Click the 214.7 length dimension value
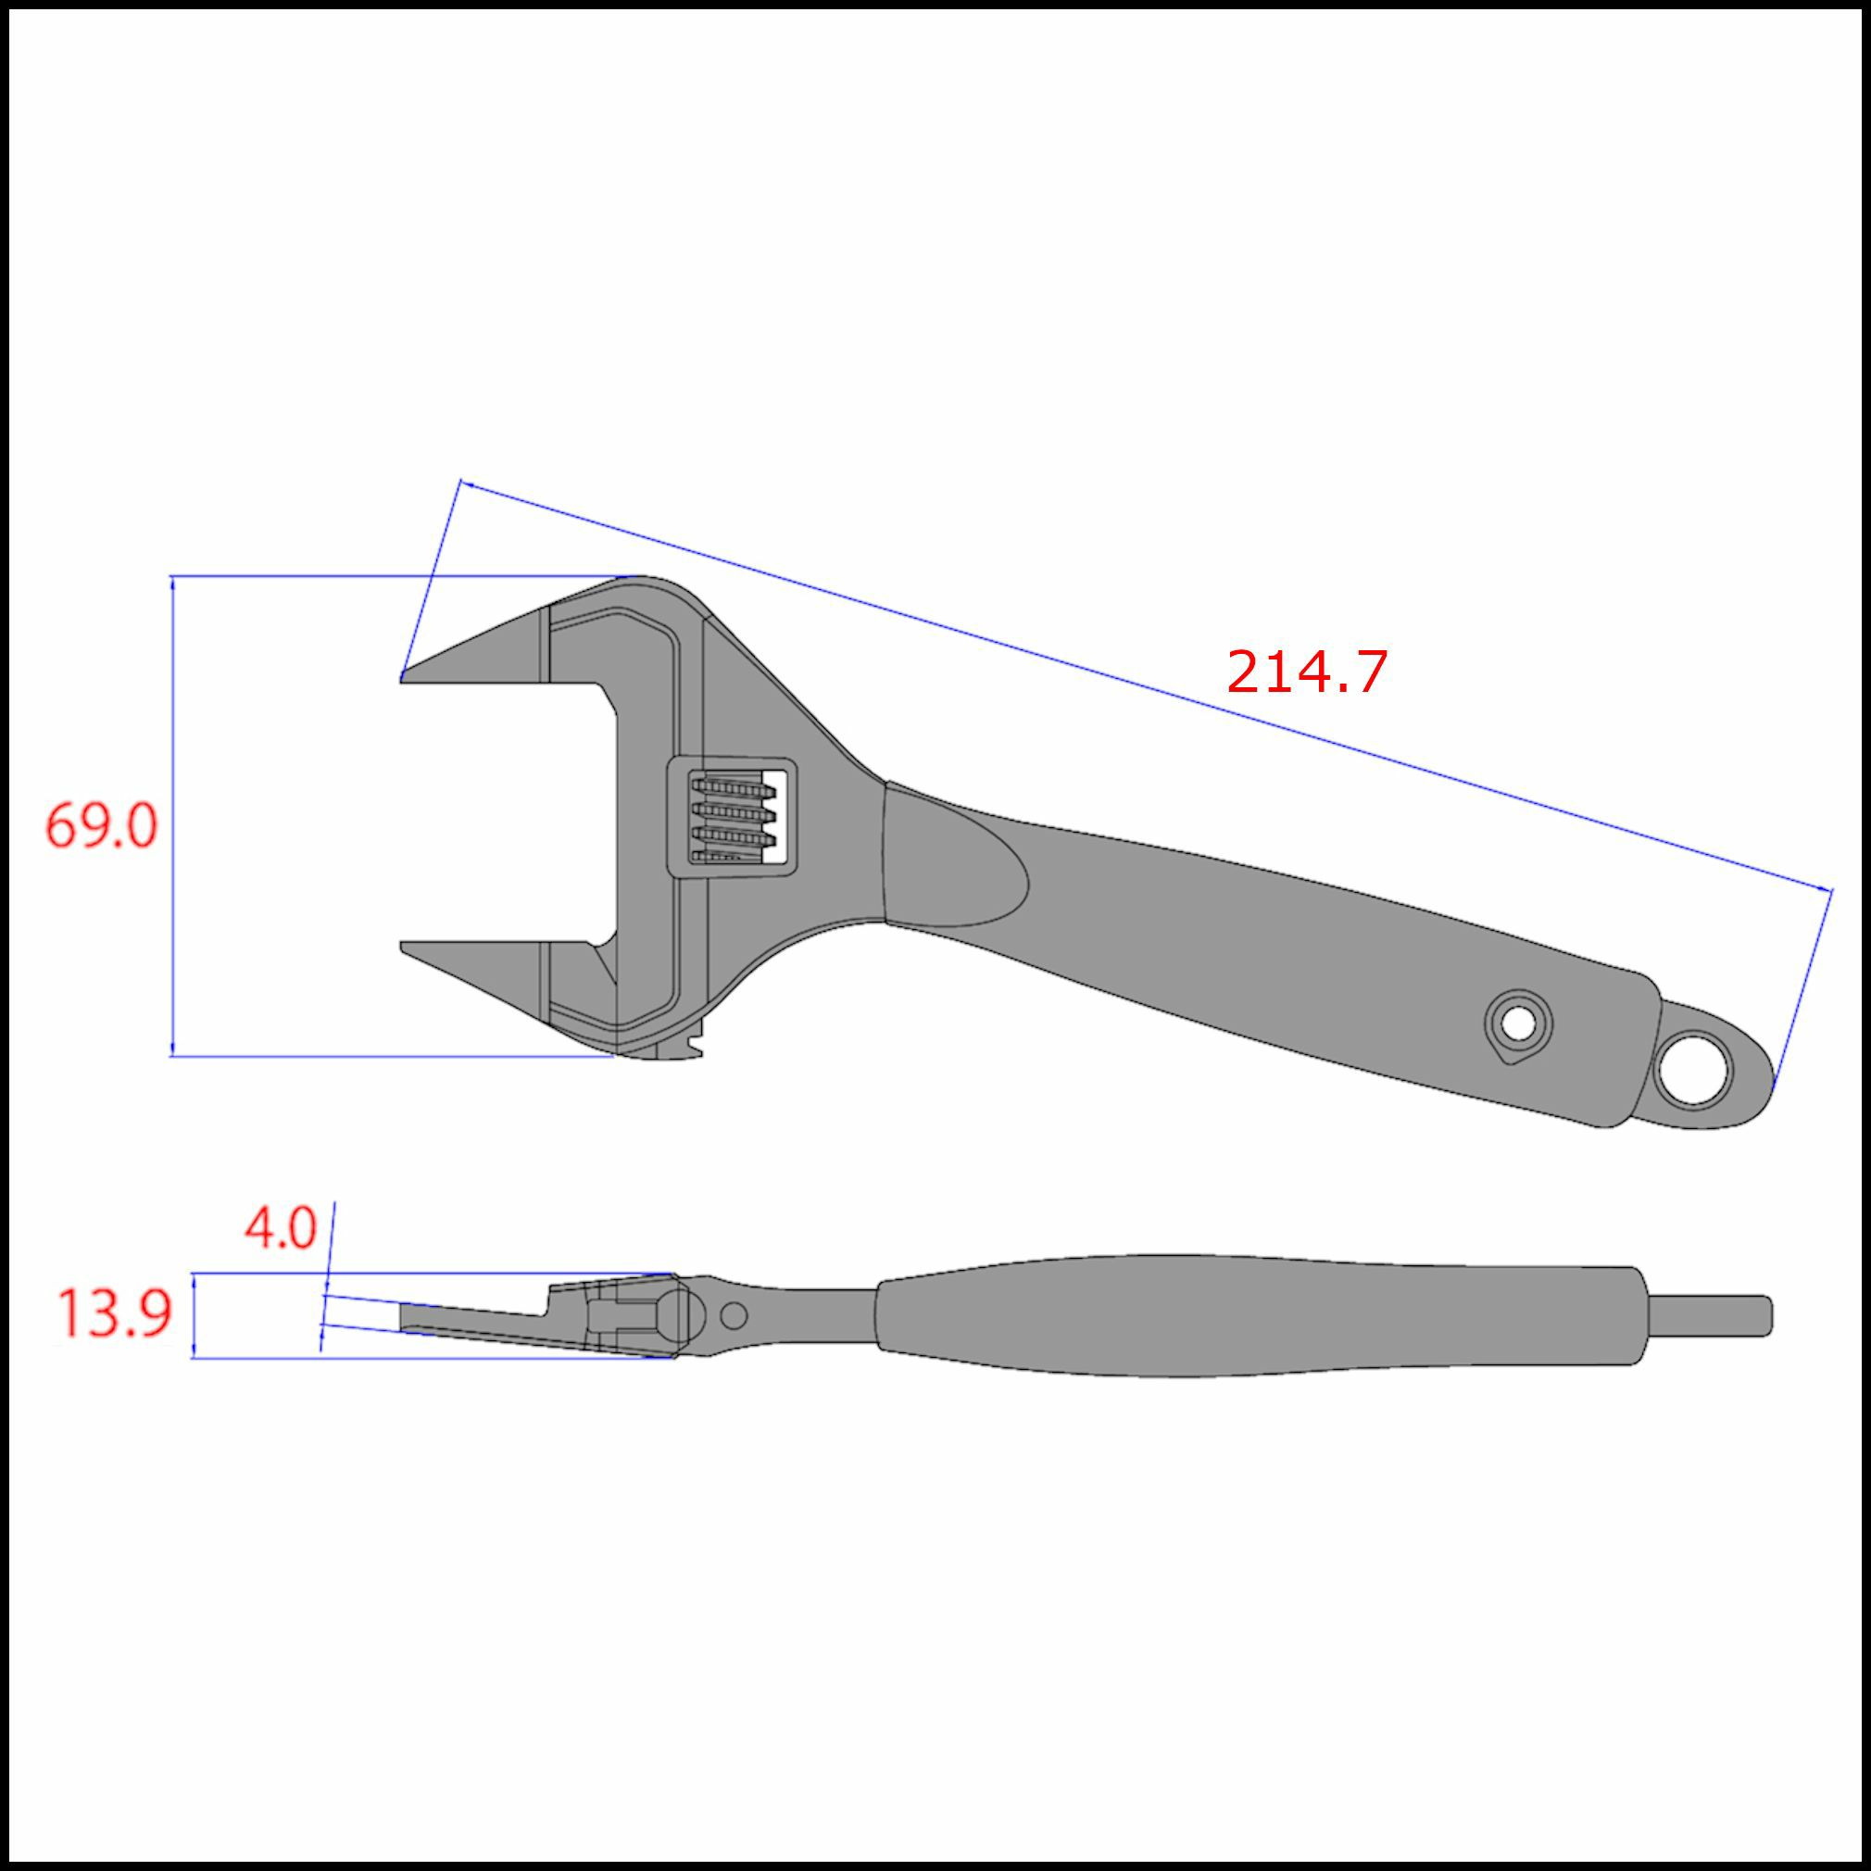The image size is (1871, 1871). click(x=1306, y=672)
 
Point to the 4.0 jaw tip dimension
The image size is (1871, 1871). click(x=280, y=1229)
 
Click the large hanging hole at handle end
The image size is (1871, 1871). click(x=1692, y=1071)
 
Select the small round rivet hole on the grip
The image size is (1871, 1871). click(x=1517, y=1023)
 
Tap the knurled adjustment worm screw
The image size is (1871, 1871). click(x=732, y=816)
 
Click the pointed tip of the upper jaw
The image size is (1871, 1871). click(x=402, y=677)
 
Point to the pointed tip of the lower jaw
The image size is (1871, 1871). click(x=402, y=944)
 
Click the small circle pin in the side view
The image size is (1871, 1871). click(x=735, y=1315)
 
